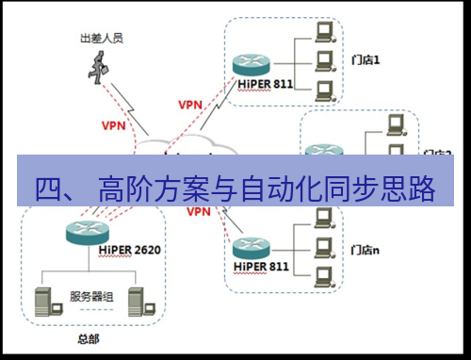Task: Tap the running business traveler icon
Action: pyautogui.click(x=98, y=65)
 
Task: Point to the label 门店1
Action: pyautogui.click(x=364, y=59)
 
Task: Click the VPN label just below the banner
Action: pyautogui.click(x=198, y=212)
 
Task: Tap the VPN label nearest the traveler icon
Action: pyautogui.click(x=113, y=123)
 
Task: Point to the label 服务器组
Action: pyautogui.click(x=91, y=296)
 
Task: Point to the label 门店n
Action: pyautogui.click(x=365, y=250)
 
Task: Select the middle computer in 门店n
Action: pyautogui.click(x=324, y=248)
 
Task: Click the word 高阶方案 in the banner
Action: pyautogui.click(x=151, y=188)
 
